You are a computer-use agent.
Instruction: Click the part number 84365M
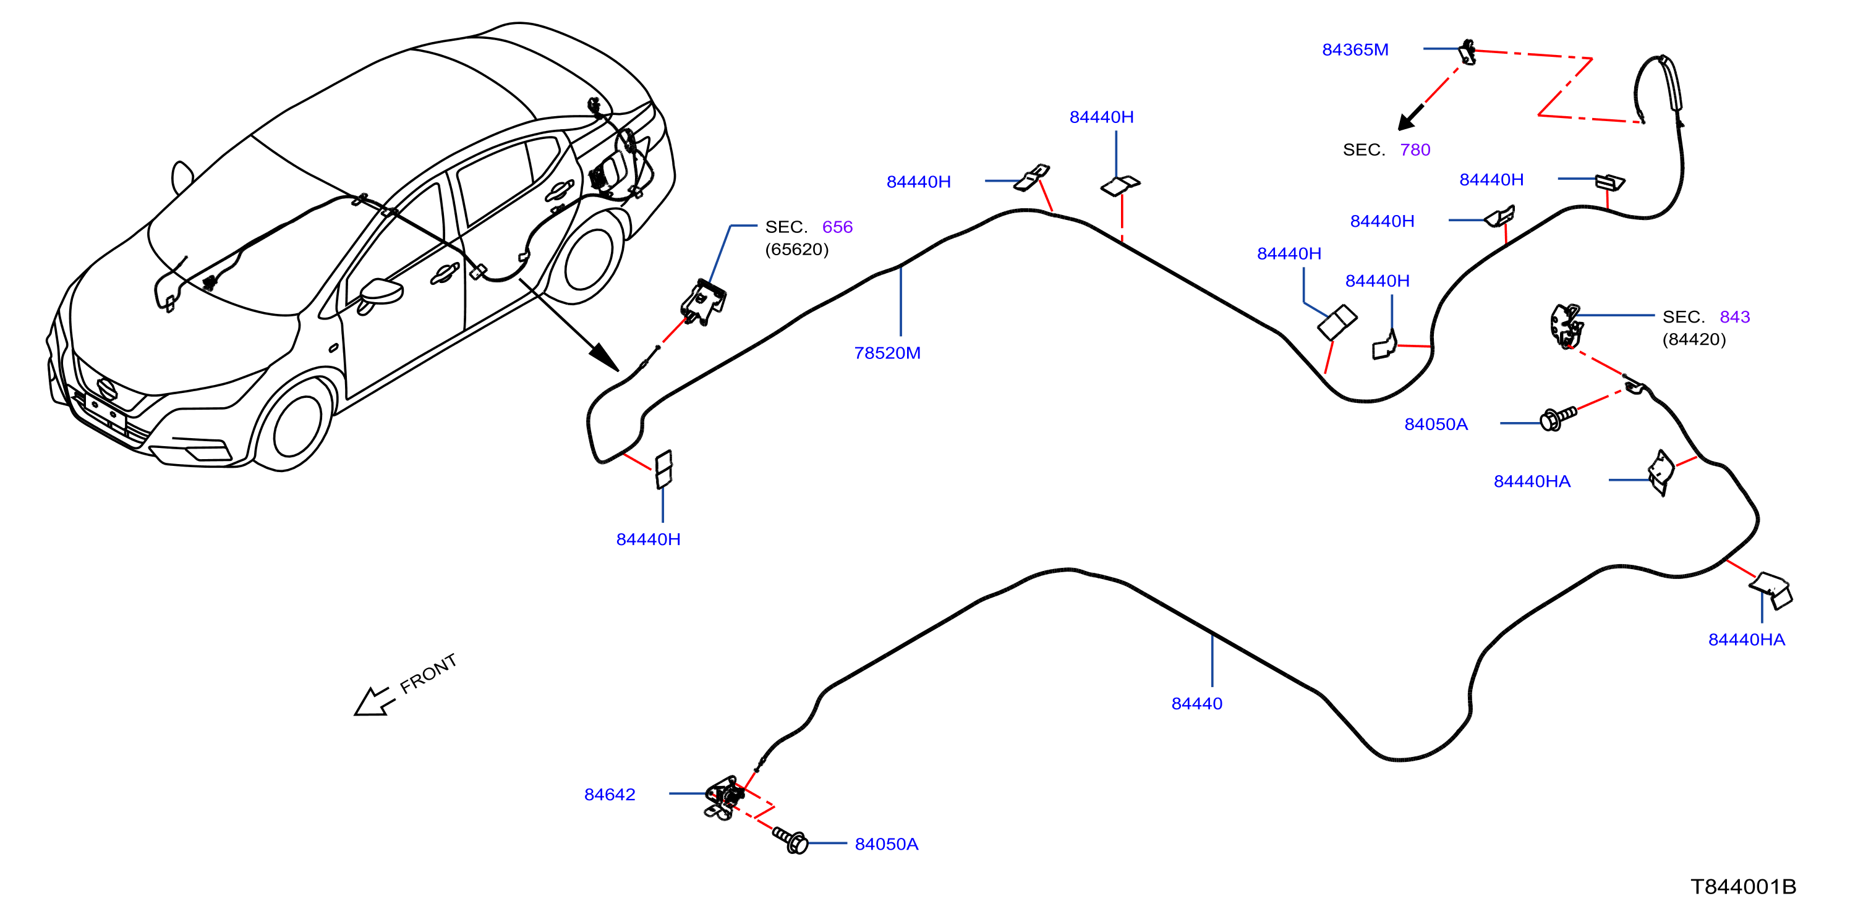pyautogui.click(x=1355, y=49)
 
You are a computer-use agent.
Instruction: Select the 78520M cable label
pyautogui.click(x=887, y=353)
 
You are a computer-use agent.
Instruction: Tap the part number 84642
pyautogui.click(x=610, y=794)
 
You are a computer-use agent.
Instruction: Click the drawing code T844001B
pyautogui.click(x=1743, y=887)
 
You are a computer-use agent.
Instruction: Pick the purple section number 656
pyautogui.click(x=837, y=227)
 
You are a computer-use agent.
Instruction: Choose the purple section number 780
pyautogui.click(x=1415, y=150)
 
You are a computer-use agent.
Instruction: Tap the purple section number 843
pyautogui.click(x=1734, y=316)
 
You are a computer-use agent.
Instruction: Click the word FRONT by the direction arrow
pyautogui.click(x=428, y=673)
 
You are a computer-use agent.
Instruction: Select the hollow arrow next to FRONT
pyautogui.click(x=373, y=702)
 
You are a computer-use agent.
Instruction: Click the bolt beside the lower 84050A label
pyautogui.click(x=790, y=840)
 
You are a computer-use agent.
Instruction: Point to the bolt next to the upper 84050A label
pyautogui.click(x=1558, y=418)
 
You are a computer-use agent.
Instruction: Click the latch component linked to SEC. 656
pyautogui.click(x=703, y=302)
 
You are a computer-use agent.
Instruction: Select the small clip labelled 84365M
pyautogui.click(x=1468, y=53)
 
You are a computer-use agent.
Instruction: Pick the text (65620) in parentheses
pyautogui.click(x=797, y=249)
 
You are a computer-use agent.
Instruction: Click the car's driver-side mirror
pyautogui.click(x=381, y=294)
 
